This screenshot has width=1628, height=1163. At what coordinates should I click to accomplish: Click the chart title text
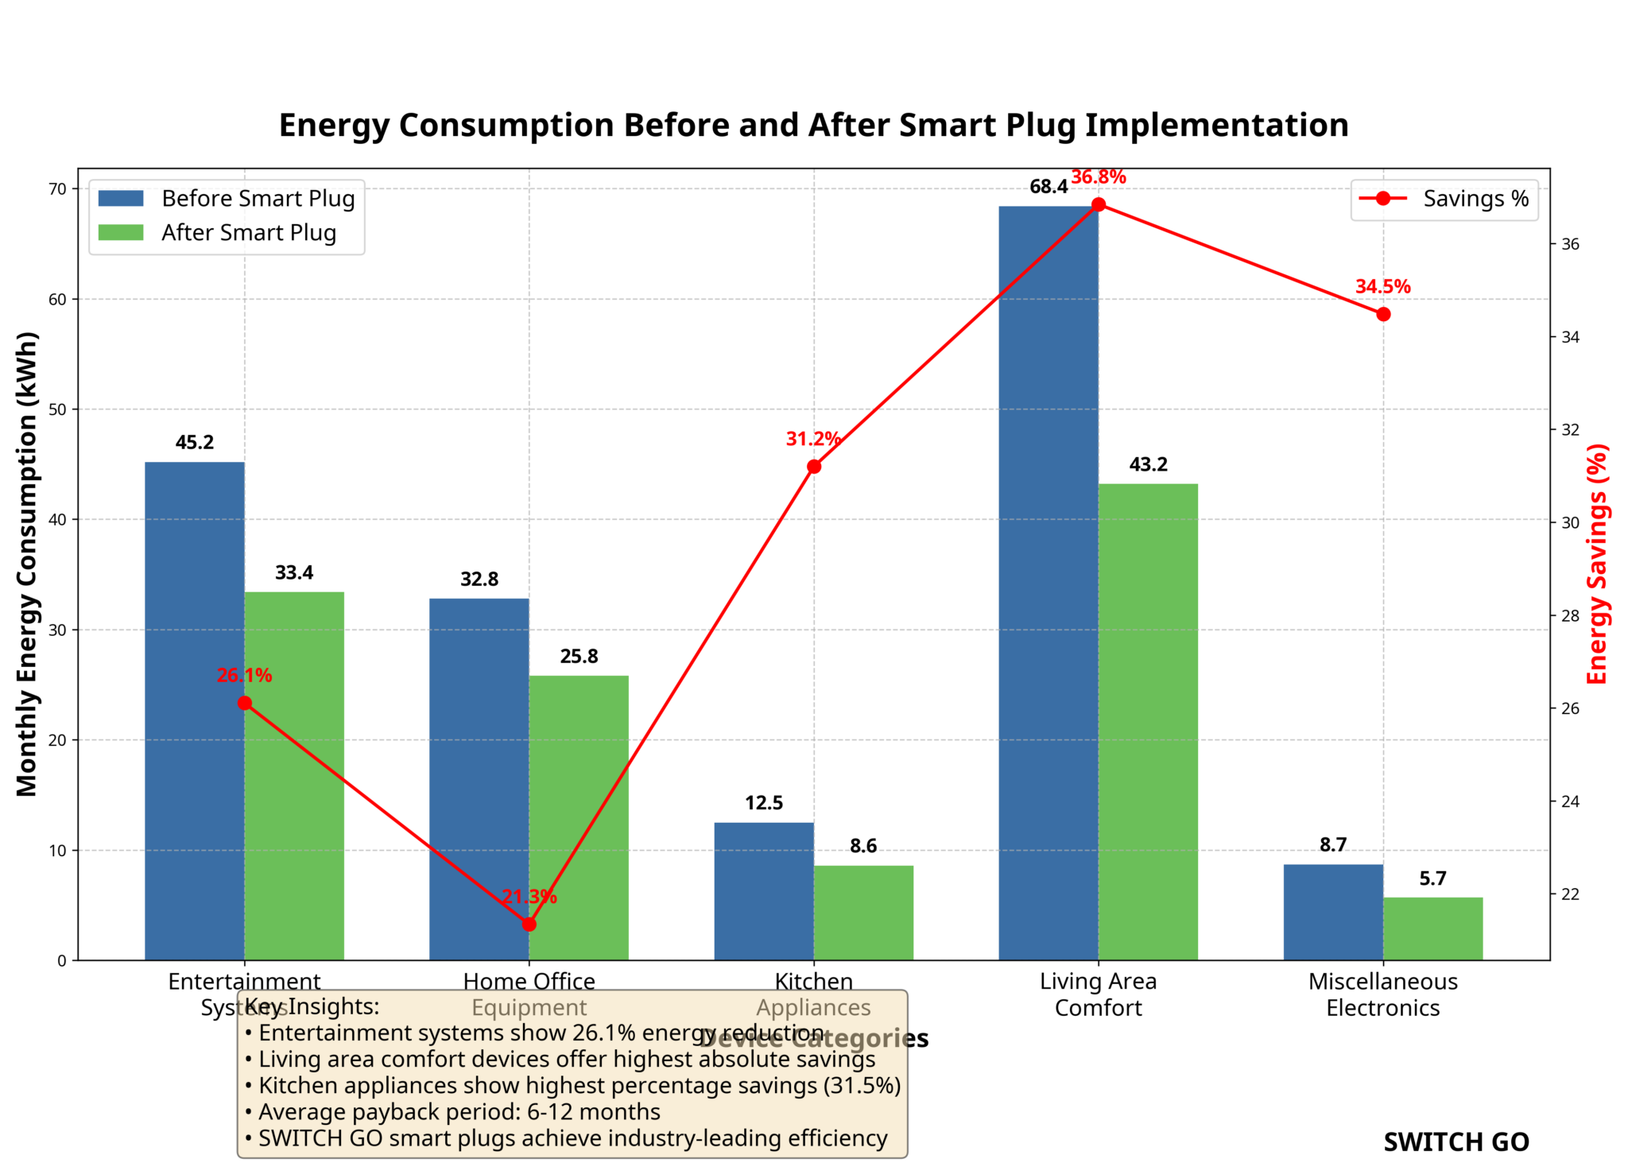[813, 126]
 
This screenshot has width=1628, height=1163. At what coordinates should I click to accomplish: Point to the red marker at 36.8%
[1098, 205]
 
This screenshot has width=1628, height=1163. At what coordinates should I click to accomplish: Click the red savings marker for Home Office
[529, 925]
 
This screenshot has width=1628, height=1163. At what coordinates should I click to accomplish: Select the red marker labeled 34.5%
[1383, 314]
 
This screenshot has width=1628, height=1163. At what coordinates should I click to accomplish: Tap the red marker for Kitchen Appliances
[814, 467]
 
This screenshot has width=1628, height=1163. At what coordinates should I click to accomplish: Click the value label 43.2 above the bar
[1148, 464]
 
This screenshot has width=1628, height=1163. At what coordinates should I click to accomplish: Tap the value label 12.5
[763, 803]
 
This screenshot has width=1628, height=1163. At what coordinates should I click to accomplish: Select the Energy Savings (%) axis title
[1598, 564]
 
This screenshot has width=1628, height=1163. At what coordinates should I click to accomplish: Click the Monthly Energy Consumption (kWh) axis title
[27, 564]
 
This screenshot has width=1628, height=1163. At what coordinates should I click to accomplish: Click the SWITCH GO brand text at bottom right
[1456, 1142]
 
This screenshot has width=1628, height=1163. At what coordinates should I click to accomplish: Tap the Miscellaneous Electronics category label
[1383, 994]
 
